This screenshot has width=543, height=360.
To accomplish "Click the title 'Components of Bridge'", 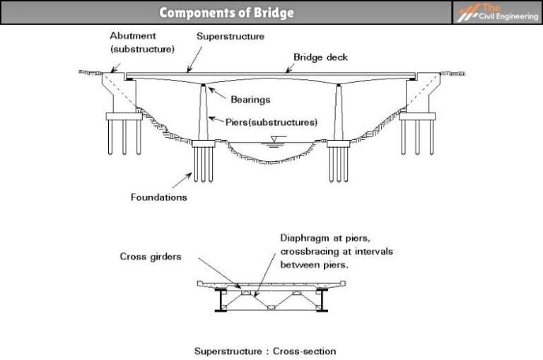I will [226, 13].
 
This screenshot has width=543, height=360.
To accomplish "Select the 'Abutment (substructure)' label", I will [142, 42].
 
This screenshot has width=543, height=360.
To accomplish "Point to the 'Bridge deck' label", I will [320, 57].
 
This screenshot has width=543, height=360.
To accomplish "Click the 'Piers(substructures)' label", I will [271, 122].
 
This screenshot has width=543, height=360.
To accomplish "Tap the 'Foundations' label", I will [158, 197].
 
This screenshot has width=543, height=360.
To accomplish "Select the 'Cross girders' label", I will [150, 257].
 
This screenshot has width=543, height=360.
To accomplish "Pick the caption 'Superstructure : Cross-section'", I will [265, 351].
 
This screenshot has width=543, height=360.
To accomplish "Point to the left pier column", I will [203, 113].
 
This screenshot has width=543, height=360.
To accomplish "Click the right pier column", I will [339, 113].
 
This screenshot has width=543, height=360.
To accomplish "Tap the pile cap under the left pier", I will [203, 144].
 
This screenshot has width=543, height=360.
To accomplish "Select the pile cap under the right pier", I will [339, 144].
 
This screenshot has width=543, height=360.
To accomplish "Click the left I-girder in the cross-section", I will [221, 299].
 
